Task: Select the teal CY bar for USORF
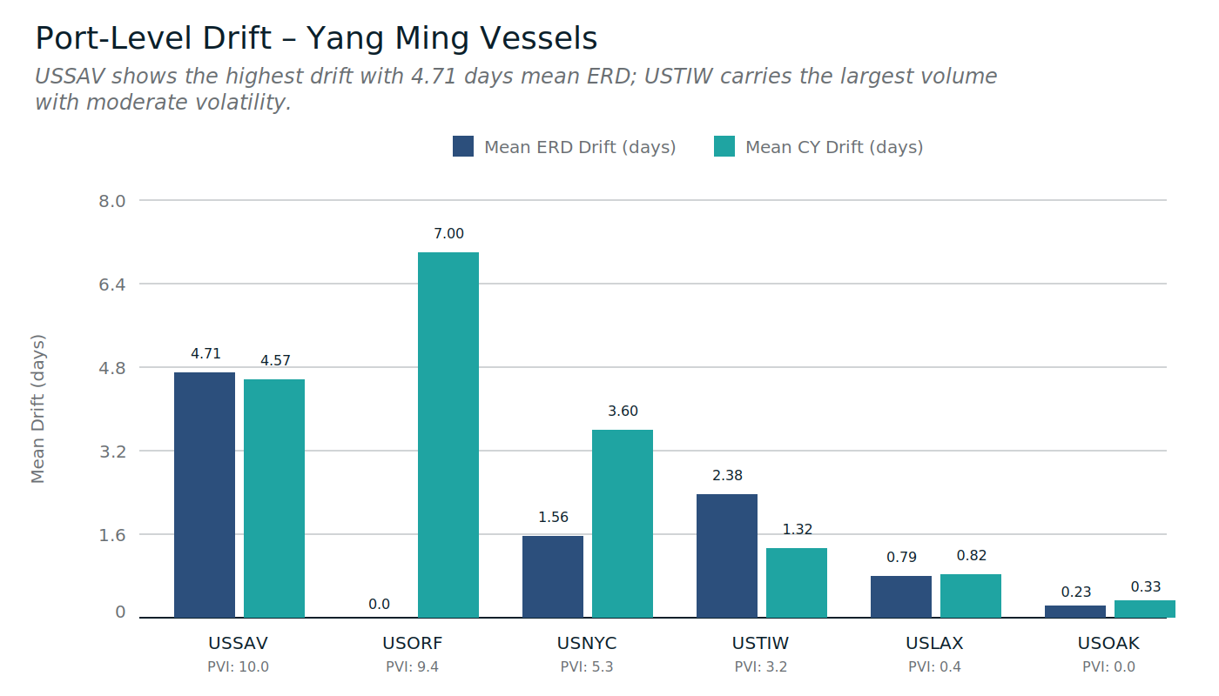coord(448,435)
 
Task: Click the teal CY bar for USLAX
coord(971,596)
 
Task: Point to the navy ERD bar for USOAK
coord(1075,612)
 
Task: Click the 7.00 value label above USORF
coord(448,234)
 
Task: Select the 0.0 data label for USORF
coord(379,605)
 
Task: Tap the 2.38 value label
coord(727,476)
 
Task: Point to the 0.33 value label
coord(1145,587)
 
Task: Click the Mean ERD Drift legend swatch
coord(463,147)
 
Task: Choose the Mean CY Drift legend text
coord(833,147)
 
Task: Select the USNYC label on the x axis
coord(587,644)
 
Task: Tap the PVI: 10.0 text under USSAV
coord(239,667)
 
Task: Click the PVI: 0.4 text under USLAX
coord(935,667)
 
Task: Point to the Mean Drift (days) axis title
coord(38,409)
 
